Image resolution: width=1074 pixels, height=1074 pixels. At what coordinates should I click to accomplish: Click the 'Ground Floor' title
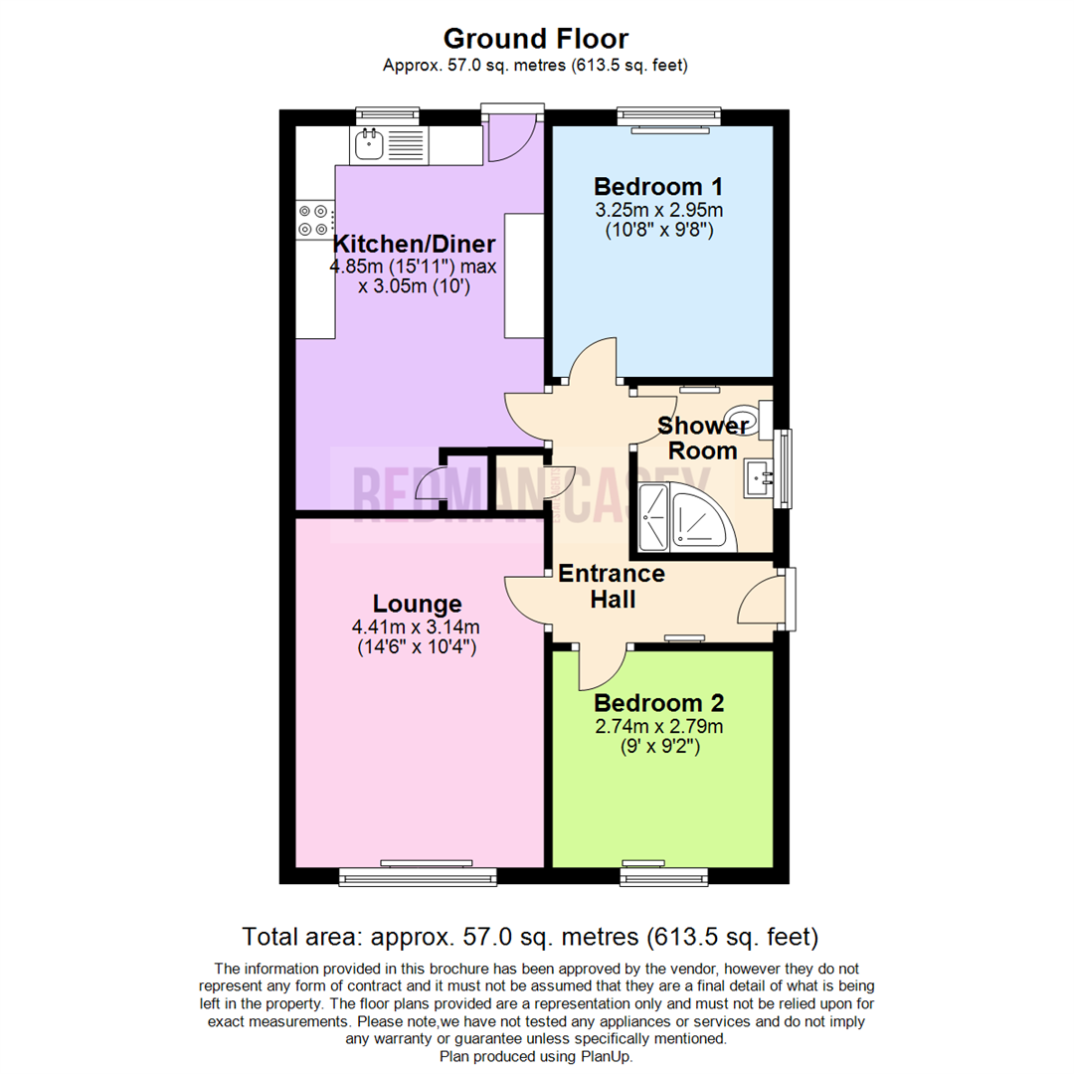click(535, 39)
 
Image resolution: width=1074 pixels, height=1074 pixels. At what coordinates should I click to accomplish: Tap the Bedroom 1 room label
click(657, 186)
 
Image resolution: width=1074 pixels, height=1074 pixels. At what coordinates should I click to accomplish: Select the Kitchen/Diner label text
click(414, 245)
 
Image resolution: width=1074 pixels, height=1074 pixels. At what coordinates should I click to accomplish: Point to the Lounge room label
click(417, 604)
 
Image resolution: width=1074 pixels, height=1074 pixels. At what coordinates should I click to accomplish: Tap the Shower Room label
click(703, 438)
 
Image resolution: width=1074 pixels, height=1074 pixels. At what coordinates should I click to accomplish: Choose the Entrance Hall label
click(611, 587)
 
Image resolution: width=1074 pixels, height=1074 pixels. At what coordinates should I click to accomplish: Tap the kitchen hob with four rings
click(315, 220)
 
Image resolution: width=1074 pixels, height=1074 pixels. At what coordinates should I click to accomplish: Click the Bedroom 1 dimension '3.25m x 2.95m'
click(657, 210)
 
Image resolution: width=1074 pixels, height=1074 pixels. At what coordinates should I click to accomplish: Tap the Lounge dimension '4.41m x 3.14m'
click(416, 626)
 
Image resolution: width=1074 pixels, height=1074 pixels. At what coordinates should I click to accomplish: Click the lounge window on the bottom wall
click(417, 875)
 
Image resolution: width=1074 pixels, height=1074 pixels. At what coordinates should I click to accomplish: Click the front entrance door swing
click(763, 601)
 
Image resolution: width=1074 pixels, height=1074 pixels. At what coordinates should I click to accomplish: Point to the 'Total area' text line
click(530, 936)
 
